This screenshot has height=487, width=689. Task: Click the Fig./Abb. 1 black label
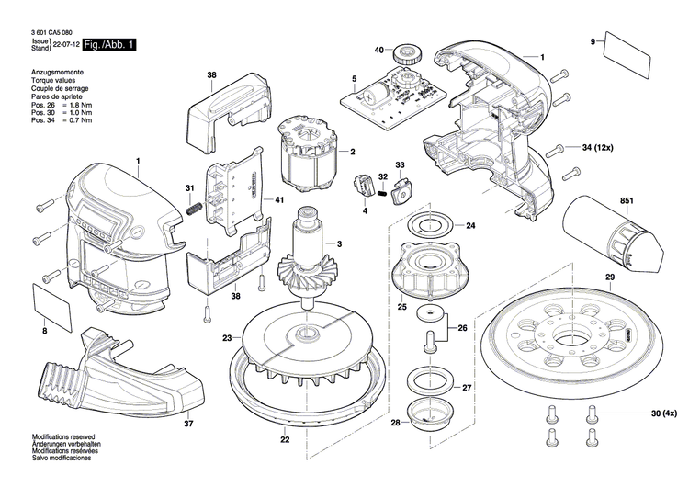click(x=108, y=45)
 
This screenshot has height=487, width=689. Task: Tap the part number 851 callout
click(x=627, y=200)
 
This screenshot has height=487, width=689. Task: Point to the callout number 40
click(x=378, y=50)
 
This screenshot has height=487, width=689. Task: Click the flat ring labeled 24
click(x=428, y=225)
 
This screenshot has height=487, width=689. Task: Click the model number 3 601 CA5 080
click(x=55, y=30)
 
